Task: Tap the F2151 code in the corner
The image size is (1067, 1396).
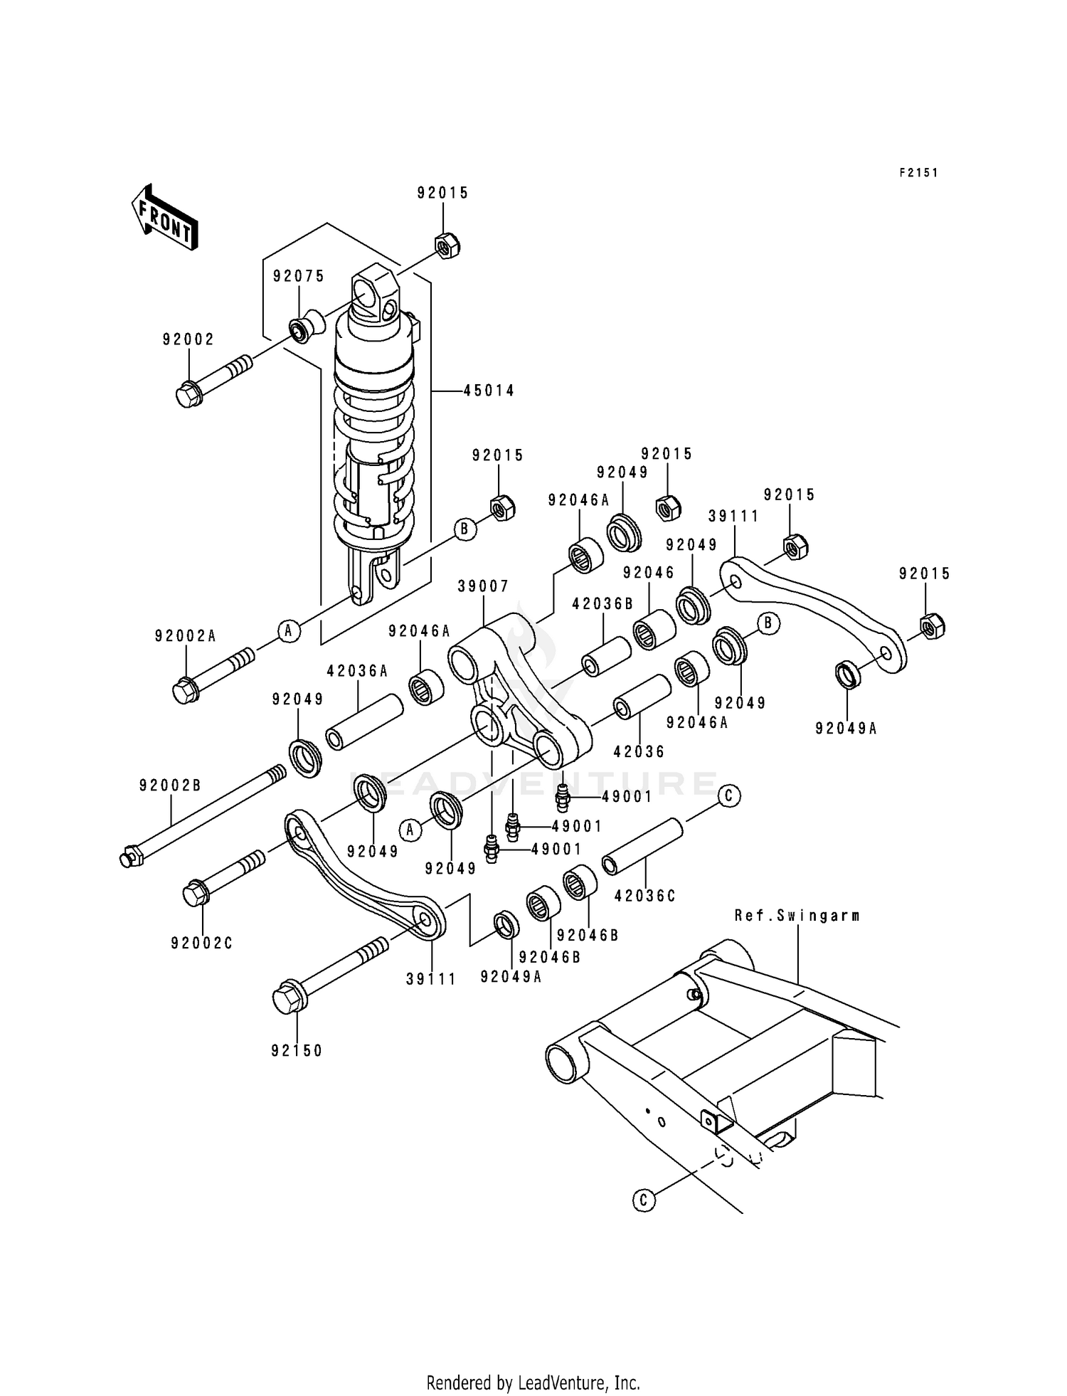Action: [918, 173]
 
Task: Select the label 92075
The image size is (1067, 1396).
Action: [299, 277]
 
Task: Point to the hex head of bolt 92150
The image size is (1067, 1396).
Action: [287, 997]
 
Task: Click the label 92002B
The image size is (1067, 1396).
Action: [170, 786]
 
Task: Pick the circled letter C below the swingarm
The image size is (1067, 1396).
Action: [643, 1201]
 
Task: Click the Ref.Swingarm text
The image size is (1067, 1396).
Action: [797, 916]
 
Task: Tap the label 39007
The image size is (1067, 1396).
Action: [483, 586]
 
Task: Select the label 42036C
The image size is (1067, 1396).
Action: [644, 897]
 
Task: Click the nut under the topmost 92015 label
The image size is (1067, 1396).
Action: [447, 246]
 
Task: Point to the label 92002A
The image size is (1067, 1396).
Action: [185, 636]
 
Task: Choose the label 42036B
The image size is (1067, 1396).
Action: [602, 604]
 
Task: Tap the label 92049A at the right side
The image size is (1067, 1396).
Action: [846, 729]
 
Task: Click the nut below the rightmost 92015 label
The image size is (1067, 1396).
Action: [931, 625]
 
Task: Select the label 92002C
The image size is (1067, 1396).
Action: [202, 943]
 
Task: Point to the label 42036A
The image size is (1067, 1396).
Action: [357, 670]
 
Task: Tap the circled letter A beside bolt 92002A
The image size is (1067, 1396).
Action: [287, 630]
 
